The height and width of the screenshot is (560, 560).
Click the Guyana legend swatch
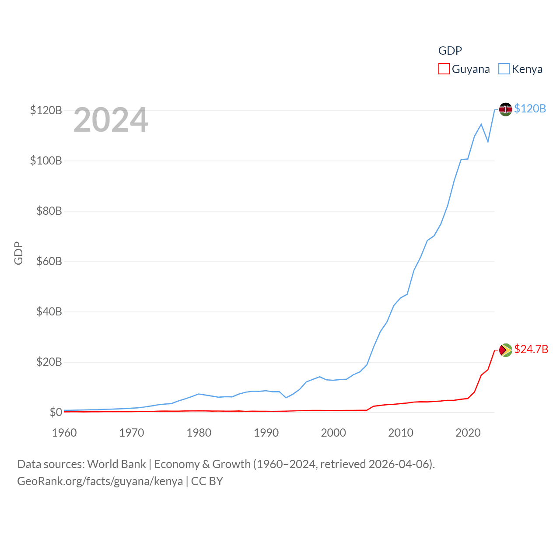click(x=444, y=69)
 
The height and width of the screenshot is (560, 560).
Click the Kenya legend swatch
click(x=504, y=69)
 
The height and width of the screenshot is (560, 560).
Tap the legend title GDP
click(x=450, y=51)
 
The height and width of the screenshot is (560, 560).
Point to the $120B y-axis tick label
click(x=46, y=110)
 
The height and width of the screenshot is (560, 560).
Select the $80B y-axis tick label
click(x=46, y=211)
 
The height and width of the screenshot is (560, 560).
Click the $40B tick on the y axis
click(x=46, y=311)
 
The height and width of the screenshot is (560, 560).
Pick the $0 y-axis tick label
click(x=56, y=412)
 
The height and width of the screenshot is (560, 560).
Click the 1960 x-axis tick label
click(x=64, y=433)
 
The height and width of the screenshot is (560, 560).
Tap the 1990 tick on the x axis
click(x=266, y=433)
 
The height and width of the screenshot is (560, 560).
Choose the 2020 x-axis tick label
click(x=468, y=433)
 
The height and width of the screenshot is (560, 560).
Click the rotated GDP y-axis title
click(x=18, y=253)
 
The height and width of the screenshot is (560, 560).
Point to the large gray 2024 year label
click(x=111, y=120)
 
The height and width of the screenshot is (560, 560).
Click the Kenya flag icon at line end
click(x=505, y=109)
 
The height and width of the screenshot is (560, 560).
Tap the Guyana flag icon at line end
click(x=505, y=350)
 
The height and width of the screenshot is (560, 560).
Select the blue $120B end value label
click(x=530, y=108)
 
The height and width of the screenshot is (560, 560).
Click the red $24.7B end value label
click(x=531, y=349)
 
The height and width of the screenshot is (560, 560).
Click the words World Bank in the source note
click(x=116, y=464)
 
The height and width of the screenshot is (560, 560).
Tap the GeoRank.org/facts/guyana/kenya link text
click(x=100, y=481)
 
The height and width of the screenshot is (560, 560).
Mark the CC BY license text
click(x=207, y=481)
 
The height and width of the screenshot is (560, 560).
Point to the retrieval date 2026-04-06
click(x=400, y=464)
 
